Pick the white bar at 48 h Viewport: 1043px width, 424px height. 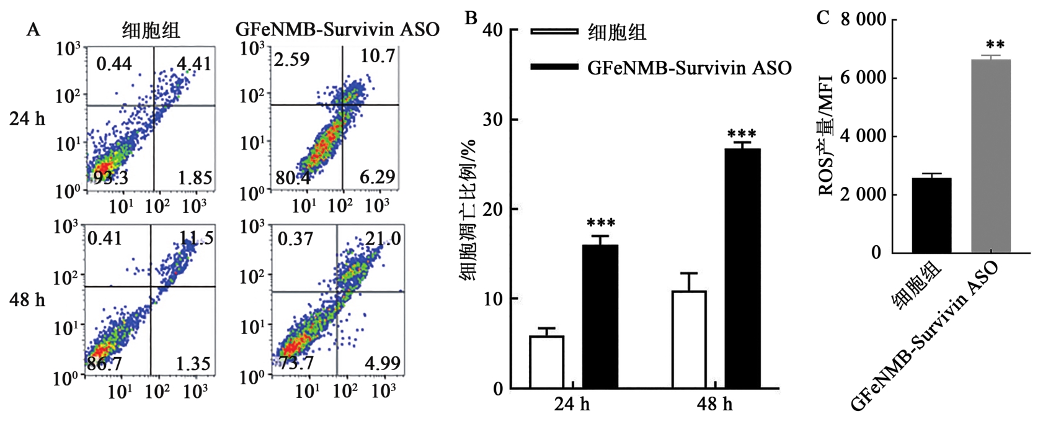pyautogui.click(x=689, y=340)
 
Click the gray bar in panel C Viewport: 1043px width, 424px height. pyautogui.click(x=991, y=156)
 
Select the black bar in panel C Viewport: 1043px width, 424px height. pyautogui.click(x=931, y=215)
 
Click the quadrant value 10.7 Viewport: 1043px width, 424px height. pyautogui.click(x=378, y=57)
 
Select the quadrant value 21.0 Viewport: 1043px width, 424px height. pyautogui.click(x=383, y=238)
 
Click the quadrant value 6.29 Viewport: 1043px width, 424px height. pyautogui.click(x=377, y=178)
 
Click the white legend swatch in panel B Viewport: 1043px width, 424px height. pyautogui.click(x=554, y=32)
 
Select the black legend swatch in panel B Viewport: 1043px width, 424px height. pyautogui.click(x=554, y=66)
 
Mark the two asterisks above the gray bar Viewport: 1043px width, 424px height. pyautogui.click(x=995, y=45)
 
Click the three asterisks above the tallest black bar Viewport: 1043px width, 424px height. pyautogui.click(x=742, y=134)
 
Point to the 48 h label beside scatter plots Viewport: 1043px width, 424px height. pyautogui.click(x=27, y=300)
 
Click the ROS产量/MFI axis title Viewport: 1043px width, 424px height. pyautogui.click(x=827, y=143)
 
